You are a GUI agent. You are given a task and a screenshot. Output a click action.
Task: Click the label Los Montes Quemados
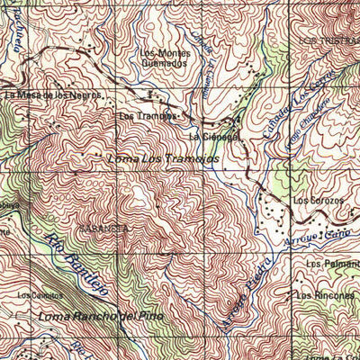164,58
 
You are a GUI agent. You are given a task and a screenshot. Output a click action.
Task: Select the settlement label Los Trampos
142,116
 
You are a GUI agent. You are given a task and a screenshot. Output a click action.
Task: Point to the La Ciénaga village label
213,137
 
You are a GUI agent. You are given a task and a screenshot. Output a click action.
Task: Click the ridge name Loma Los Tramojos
162,159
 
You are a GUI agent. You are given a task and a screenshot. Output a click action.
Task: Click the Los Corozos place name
319,200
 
